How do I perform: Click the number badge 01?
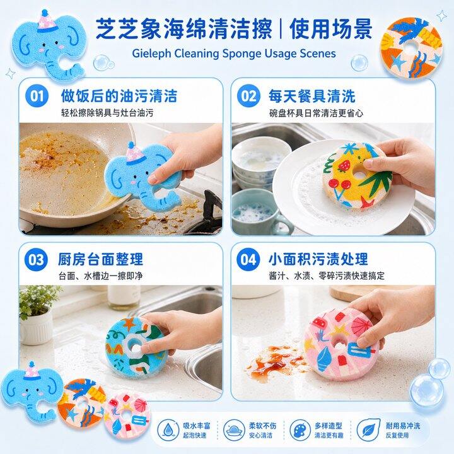37,96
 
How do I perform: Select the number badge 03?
36,259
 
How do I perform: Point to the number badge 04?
248,259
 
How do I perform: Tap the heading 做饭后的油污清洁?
119,96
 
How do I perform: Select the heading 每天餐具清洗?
312,96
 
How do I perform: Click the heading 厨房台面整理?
100,259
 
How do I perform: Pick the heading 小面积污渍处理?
318,259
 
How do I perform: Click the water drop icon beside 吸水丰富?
168,430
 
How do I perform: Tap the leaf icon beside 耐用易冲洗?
368,430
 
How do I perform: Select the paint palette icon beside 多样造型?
300,430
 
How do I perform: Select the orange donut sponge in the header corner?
411,48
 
